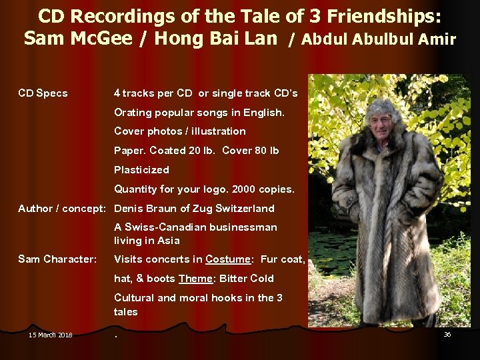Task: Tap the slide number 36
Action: coord(447,334)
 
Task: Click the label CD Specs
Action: coord(43,93)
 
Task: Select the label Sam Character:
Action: coord(57,259)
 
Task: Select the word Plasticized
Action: coord(141,170)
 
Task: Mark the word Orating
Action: coord(133,112)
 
